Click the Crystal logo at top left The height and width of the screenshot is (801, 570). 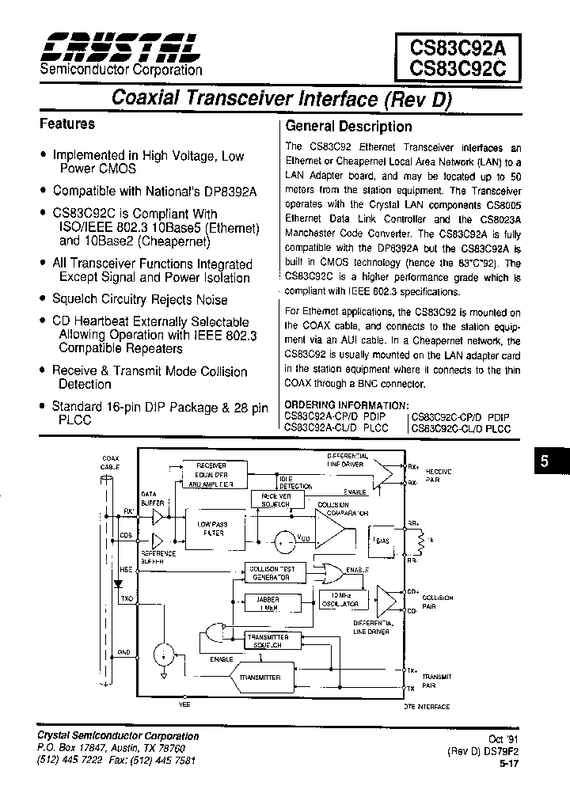click(x=120, y=48)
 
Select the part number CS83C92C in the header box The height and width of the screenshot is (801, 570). click(x=458, y=66)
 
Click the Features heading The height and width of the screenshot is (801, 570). click(x=67, y=124)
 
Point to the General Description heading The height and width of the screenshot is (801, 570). click(x=348, y=127)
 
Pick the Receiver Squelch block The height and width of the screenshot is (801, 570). click(x=271, y=499)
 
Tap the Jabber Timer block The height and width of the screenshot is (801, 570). click(x=268, y=604)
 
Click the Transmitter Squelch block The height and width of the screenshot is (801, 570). click(x=268, y=640)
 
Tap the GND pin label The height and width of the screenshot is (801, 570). click(x=124, y=652)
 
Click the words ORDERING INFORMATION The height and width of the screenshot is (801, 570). click(x=336, y=404)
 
